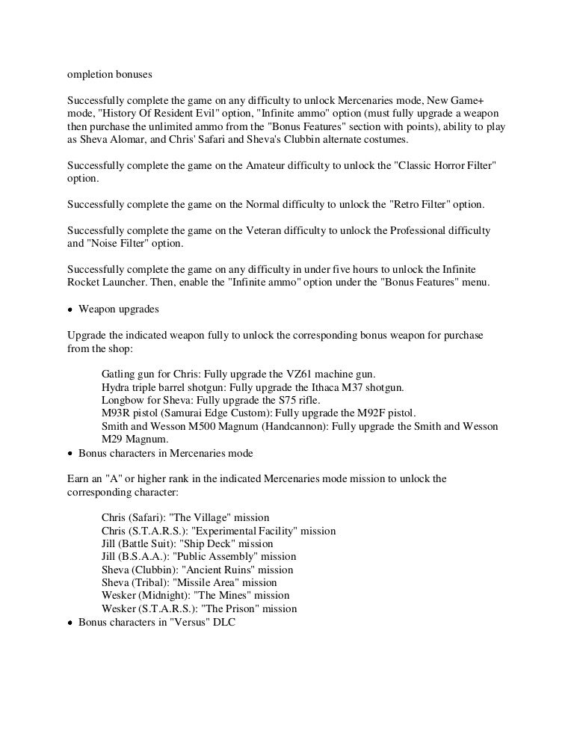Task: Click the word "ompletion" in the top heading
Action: (x=91, y=75)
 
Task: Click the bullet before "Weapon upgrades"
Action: (x=70, y=309)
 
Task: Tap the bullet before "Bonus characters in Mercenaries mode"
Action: (x=70, y=454)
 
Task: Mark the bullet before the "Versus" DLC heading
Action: (x=70, y=622)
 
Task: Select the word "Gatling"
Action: (x=120, y=374)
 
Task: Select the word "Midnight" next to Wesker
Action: (x=165, y=596)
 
